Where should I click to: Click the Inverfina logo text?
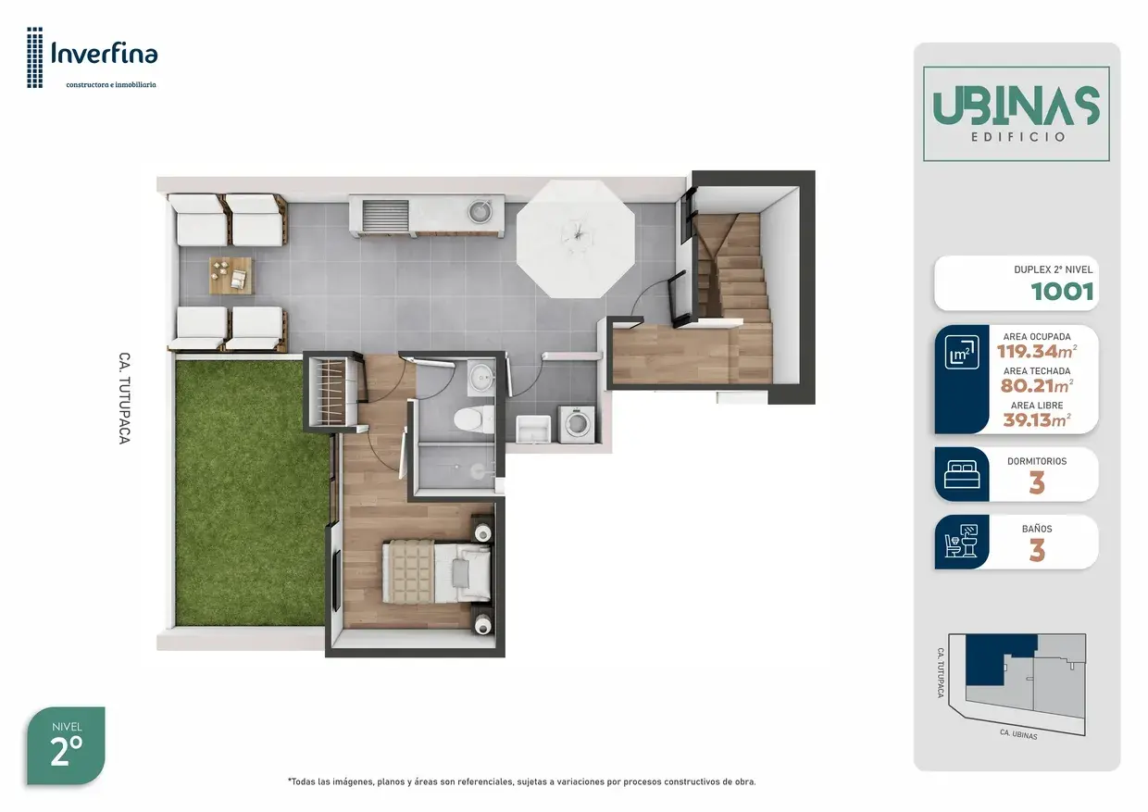pos(105,54)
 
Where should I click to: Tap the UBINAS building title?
pos(1016,106)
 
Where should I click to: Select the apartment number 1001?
pos(1063,292)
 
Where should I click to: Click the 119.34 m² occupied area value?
pos(1036,352)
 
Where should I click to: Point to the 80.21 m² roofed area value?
pos(1036,385)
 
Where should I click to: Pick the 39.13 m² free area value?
pos(1036,419)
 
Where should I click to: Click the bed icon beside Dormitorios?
pos(961,474)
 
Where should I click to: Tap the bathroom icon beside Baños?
pos(961,542)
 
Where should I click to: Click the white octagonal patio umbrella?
pos(576,239)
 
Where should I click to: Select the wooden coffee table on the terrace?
pos(231,275)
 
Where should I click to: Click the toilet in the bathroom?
pos(474,418)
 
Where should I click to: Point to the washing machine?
pos(577,424)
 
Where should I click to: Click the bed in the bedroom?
pos(437,571)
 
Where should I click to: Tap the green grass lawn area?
pos(252,493)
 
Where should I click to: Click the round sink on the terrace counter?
pos(480,211)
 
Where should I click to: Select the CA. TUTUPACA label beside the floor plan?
pos(125,398)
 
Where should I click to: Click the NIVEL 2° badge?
pos(66,745)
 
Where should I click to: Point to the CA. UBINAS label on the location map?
pos(1018,734)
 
